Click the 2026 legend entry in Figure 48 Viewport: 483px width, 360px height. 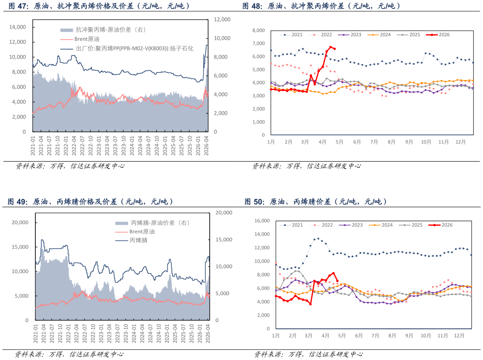point(438,35)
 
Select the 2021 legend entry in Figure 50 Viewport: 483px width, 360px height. point(291,225)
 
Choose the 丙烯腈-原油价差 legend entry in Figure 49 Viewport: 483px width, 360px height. point(152,223)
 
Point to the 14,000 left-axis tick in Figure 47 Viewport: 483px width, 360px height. point(17,27)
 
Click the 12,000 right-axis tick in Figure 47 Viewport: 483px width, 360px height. point(222,20)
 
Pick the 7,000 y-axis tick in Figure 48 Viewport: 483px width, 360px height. point(258,44)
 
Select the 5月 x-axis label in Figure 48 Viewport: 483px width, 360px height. point(339,142)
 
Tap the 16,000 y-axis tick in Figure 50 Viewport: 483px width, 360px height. point(262,221)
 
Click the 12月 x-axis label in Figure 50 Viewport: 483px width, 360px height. point(459,336)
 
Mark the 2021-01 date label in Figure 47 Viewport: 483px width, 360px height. point(33,145)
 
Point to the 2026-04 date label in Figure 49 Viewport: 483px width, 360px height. point(208,333)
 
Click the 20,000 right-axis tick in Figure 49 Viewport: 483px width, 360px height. point(224,213)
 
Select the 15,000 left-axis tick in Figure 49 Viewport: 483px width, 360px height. point(20,247)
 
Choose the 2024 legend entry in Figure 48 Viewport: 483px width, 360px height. point(379,35)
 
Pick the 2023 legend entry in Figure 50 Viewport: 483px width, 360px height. point(351,225)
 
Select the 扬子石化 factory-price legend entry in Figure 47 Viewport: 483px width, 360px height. point(127,48)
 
